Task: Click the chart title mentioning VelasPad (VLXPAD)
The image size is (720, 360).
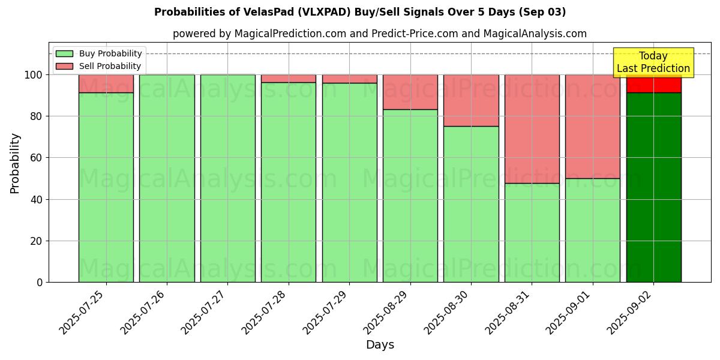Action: pos(359,12)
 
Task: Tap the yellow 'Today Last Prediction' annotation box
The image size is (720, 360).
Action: pos(653,62)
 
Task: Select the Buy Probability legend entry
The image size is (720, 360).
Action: pos(99,54)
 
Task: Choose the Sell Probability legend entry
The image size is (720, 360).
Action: pos(99,66)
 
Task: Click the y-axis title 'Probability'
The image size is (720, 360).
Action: pos(15,163)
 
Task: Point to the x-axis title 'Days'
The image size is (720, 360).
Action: pos(380,345)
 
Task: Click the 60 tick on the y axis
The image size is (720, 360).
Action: pos(37,158)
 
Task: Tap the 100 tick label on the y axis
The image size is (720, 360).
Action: pos(34,75)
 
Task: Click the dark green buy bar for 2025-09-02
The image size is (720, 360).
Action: pos(653,187)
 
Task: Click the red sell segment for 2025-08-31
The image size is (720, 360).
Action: pos(532,129)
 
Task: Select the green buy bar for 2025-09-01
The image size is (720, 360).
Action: pos(592,230)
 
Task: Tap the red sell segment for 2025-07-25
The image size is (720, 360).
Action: pos(106,83)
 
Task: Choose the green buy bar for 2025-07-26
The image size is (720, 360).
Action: pos(167,178)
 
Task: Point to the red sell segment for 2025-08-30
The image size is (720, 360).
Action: pos(471,100)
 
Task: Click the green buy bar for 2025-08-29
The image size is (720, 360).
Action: pos(410,196)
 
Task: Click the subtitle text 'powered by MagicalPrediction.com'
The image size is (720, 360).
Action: pos(259,34)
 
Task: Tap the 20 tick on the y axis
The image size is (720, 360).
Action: pos(37,241)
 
